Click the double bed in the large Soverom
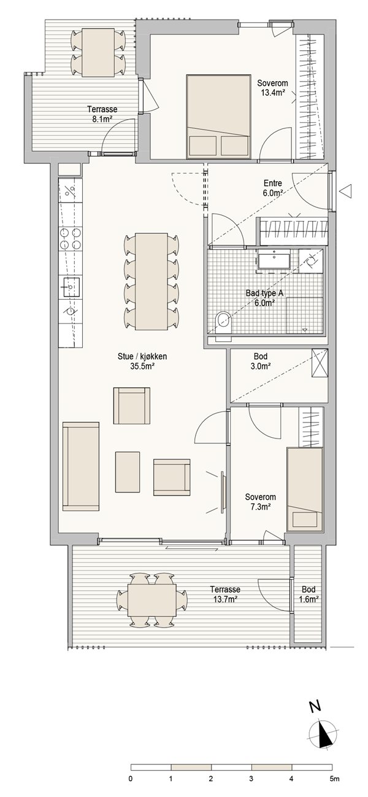(219, 116)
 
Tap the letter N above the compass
(314, 706)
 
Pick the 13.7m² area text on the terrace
(225, 599)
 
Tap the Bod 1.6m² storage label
(309, 594)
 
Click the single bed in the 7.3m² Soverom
(305, 489)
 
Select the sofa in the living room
(81, 467)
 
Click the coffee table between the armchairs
(128, 472)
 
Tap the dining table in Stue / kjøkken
(151, 281)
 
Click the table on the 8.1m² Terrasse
(98, 52)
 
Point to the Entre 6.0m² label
(273, 188)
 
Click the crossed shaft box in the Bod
(320, 362)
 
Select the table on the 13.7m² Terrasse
(152, 600)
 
